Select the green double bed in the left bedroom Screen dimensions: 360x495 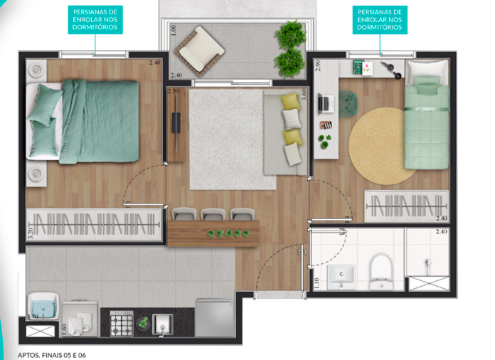click(92, 122)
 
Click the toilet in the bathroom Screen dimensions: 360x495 click(381, 270)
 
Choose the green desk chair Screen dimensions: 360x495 click(348, 105)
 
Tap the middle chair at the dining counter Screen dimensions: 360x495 click(213, 214)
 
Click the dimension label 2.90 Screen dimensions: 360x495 click(319, 68)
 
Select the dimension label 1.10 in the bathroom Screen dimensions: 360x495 click(316, 282)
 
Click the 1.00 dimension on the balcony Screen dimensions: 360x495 click(174, 31)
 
